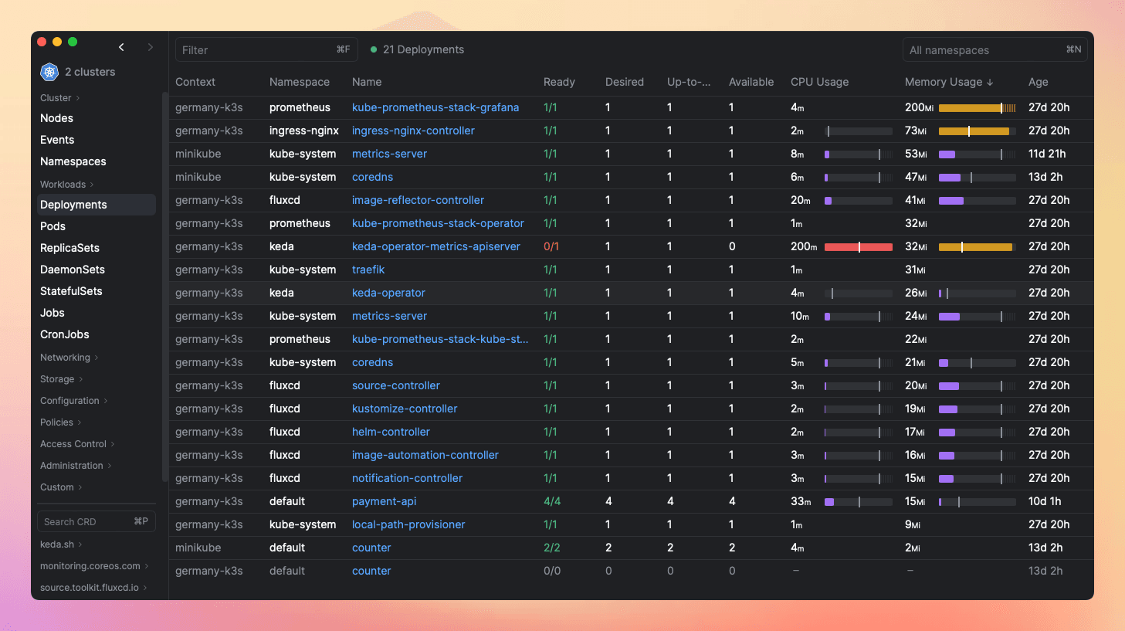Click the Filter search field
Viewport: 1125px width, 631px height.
coord(255,49)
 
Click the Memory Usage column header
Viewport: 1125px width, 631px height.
coord(944,82)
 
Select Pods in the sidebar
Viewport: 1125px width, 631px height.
coord(53,226)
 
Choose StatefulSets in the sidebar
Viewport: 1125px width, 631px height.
coord(71,291)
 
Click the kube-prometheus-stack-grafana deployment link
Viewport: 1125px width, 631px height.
coord(435,107)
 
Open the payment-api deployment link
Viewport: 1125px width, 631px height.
coord(384,501)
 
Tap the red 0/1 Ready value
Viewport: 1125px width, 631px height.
coord(551,246)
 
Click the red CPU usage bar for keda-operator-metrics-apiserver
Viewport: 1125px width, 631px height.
coord(858,247)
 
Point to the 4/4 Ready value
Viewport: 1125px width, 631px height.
coord(552,501)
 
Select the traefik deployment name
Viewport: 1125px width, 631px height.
coord(368,270)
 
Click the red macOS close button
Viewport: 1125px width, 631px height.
coord(42,42)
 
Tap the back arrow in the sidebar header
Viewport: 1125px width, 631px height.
coord(121,47)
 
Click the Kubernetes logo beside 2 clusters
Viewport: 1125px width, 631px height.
coord(49,72)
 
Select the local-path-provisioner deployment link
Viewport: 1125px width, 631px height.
coord(408,524)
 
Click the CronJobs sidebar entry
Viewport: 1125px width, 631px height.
coord(65,334)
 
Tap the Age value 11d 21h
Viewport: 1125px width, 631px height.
coord(1047,154)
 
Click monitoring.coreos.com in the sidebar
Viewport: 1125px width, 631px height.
coord(90,566)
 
